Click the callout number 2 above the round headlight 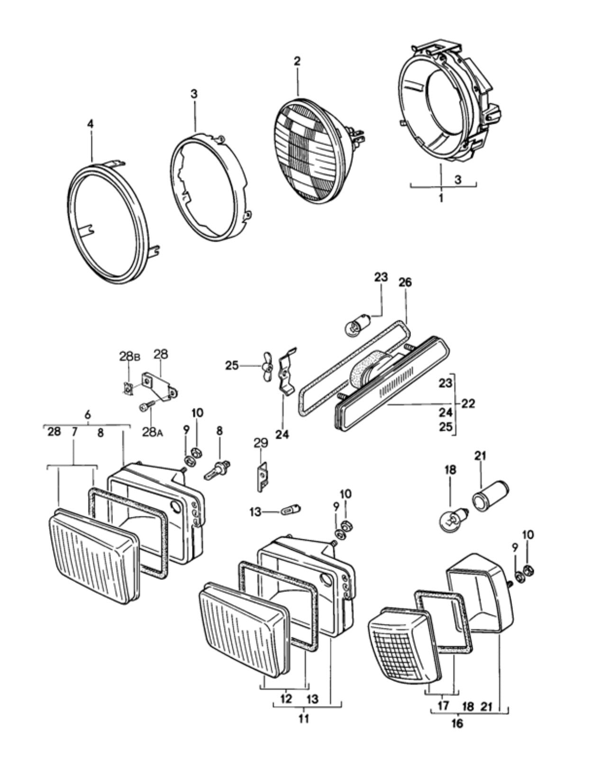click(x=297, y=61)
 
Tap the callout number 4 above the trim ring click(x=91, y=124)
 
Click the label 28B click(x=130, y=357)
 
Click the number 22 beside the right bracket click(x=468, y=404)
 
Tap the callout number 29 click(x=261, y=443)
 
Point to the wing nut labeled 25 click(x=267, y=367)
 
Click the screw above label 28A click(x=146, y=405)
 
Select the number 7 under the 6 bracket click(x=74, y=432)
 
